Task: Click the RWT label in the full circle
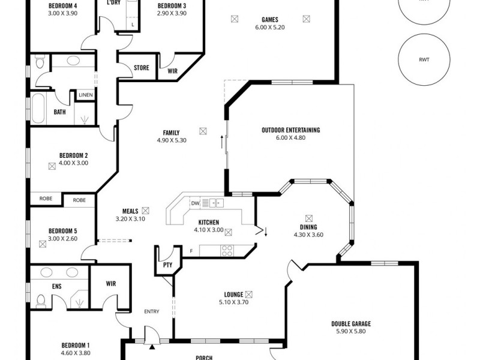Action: click(425, 59)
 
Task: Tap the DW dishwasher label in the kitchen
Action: click(194, 203)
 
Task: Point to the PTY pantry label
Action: click(167, 265)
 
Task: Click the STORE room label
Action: click(141, 68)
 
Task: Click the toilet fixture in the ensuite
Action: click(41, 300)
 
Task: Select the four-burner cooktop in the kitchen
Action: click(227, 250)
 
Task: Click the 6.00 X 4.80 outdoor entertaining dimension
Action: click(290, 137)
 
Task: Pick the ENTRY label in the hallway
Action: click(152, 311)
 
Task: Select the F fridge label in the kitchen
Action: click(191, 250)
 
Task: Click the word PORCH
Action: click(205, 358)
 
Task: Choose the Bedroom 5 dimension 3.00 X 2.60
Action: click(62, 238)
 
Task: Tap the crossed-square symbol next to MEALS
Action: click(145, 211)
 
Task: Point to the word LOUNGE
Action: click(233, 295)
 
